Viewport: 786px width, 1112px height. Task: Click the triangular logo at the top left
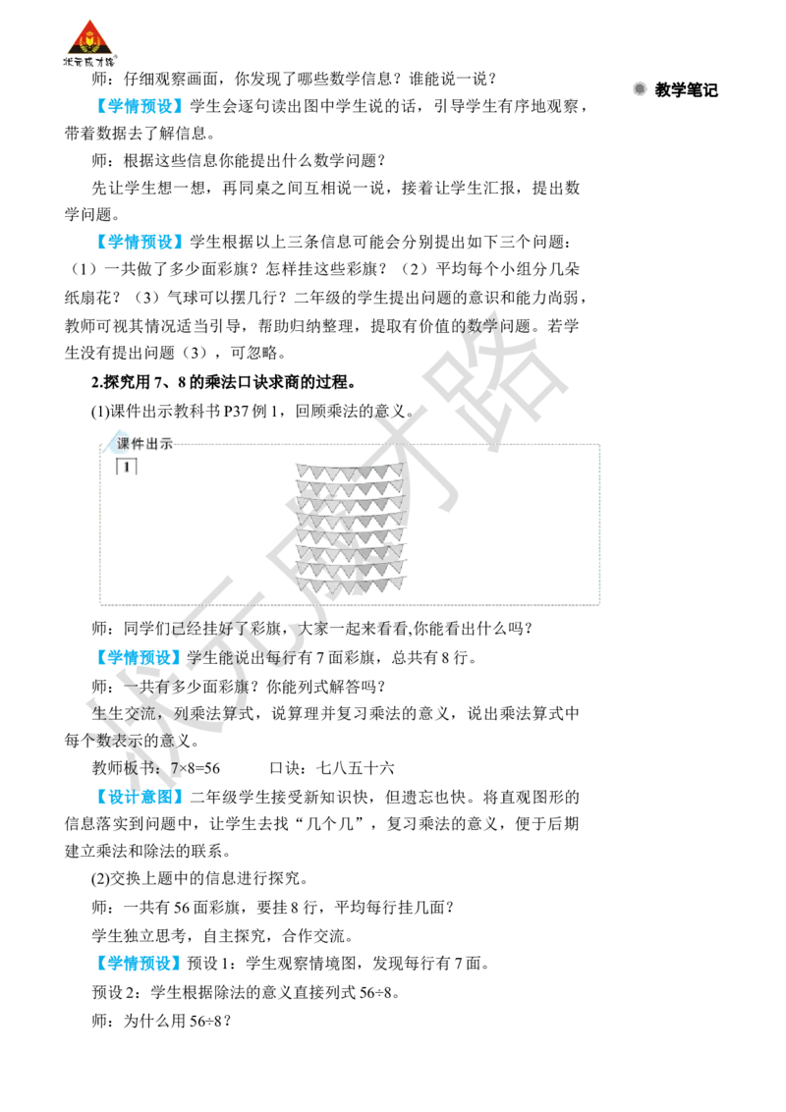pyautogui.click(x=89, y=42)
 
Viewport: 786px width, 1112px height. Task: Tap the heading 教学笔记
pyautogui.click(x=686, y=90)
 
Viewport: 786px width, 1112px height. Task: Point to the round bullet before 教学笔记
pyautogui.click(x=640, y=89)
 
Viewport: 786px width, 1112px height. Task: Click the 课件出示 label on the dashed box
pyautogui.click(x=144, y=444)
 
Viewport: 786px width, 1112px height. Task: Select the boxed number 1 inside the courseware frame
pyautogui.click(x=127, y=467)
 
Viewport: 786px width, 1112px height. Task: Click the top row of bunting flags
pyautogui.click(x=350, y=471)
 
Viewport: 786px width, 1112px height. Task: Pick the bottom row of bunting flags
pyautogui.click(x=351, y=585)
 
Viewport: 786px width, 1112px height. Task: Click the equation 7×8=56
pyautogui.click(x=196, y=768)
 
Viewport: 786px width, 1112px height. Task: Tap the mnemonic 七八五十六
pyautogui.click(x=356, y=768)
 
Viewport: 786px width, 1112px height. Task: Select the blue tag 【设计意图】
pyautogui.click(x=140, y=797)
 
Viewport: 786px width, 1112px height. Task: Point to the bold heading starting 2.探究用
pyautogui.click(x=223, y=382)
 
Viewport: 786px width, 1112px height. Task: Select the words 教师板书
pyautogui.click(x=124, y=768)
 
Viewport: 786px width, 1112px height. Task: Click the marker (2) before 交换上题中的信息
pyautogui.click(x=101, y=879)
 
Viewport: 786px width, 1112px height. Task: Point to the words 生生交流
pyautogui.click(x=124, y=713)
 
